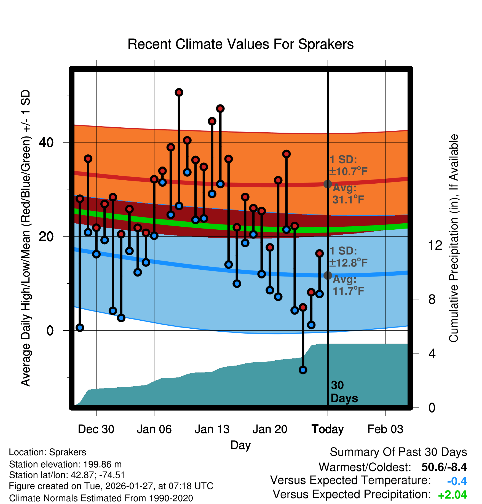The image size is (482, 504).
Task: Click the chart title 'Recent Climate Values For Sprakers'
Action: tap(240, 44)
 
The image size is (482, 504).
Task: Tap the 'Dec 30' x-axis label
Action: tap(96, 429)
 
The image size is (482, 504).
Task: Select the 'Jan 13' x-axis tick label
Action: tap(212, 429)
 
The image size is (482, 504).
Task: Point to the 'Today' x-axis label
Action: tap(328, 429)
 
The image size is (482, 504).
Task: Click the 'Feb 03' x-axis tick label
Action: tap(385, 429)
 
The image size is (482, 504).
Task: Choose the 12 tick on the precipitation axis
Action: tap(435, 245)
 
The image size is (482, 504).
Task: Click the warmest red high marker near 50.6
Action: tap(179, 92)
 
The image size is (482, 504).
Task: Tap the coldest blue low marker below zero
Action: tap(303, 370)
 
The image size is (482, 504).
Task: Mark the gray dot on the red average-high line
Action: tap(328, 184)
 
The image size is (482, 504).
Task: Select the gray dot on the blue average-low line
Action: tap(328, 275)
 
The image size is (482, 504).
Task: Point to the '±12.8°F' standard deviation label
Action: tap(349, 263)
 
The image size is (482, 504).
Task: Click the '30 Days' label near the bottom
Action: tap(344, 392)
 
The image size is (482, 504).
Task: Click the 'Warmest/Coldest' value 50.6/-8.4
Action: tap(444, 467)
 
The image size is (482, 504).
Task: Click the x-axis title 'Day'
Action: tap(240, 445)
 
